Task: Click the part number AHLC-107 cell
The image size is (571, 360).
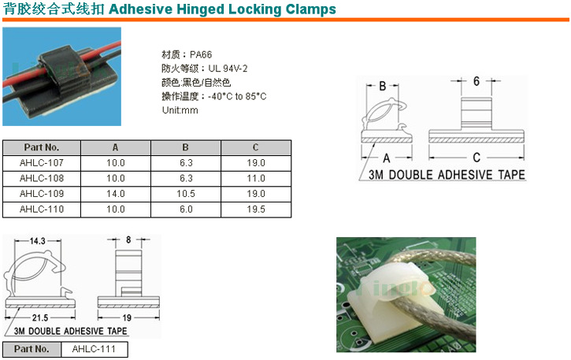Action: click(42, 163)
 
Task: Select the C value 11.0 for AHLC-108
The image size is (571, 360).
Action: click(256, 178)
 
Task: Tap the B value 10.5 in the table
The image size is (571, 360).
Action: click(186, 194)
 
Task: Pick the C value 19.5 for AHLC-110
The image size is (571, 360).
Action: click(256, 210)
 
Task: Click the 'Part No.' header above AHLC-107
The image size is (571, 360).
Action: click(42, 147)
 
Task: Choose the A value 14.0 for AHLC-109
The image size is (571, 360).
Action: click(116, 194)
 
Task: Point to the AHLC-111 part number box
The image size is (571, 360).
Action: click(94, 349)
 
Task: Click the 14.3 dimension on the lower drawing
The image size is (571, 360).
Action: click(37, 241)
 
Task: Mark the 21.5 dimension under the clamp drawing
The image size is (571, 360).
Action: click(40, 317)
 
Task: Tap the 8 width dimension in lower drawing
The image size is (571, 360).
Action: click(128, 239)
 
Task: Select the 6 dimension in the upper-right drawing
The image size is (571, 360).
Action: click(476, 81)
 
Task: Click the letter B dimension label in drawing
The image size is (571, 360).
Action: click(382, 86)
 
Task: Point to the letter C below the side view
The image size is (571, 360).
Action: click(476, 158)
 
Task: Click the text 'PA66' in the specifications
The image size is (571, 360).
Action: click(201, 54)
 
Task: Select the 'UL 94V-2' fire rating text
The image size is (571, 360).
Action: click(228, 69)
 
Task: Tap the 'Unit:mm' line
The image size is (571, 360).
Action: click(180, 110)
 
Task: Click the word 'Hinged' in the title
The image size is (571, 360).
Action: click(198, 9)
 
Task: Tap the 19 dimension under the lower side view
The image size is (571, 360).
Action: click(127, 317)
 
